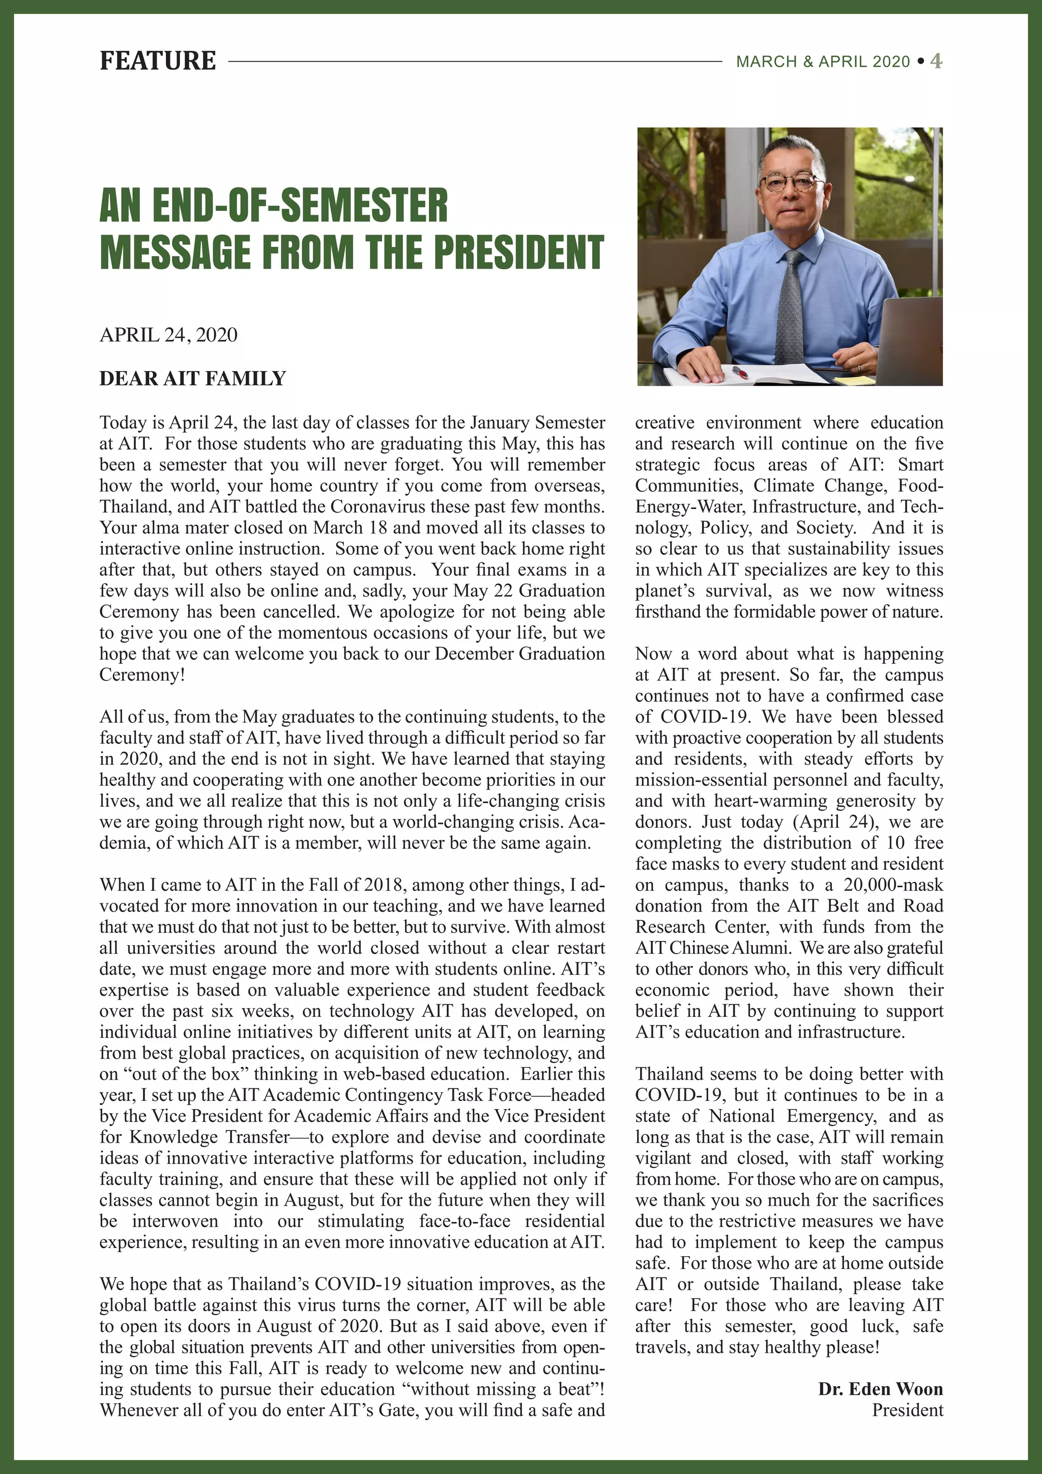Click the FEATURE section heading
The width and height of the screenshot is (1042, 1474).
[x=157, y=61]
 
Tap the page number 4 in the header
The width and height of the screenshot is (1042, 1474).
[x=936, y=61]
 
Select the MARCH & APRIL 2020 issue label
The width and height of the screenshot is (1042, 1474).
[x=823, y=62]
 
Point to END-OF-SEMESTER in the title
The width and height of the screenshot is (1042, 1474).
[x=300, y=206]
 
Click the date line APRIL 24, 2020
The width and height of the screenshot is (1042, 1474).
[x=168, y=334]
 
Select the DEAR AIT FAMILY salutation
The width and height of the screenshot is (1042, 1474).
[x=192, y=378]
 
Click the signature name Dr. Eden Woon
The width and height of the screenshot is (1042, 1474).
[x=880, y=1388]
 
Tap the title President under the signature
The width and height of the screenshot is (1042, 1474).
[x=907, y=1410]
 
